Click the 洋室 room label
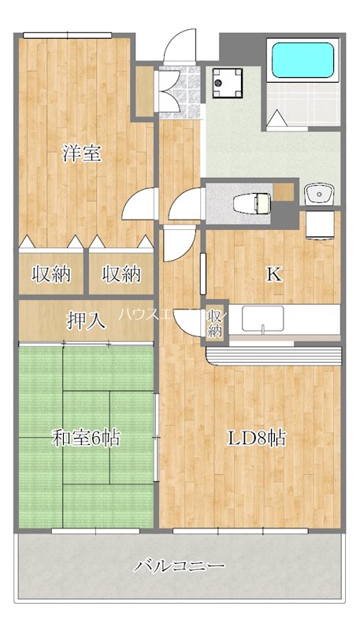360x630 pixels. pos(82,154)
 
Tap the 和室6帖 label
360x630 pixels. pos(87,439)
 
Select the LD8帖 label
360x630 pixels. pos(257,439)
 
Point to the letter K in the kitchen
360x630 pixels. pos(273,274)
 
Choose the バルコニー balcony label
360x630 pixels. pos(180,565)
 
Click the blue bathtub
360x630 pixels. pos(302,59)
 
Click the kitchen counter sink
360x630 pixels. pos(262,319)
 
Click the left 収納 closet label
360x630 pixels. pos(51,274)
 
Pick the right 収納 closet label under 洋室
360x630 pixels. pos(121,274)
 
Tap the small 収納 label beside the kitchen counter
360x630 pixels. pos(215,324)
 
